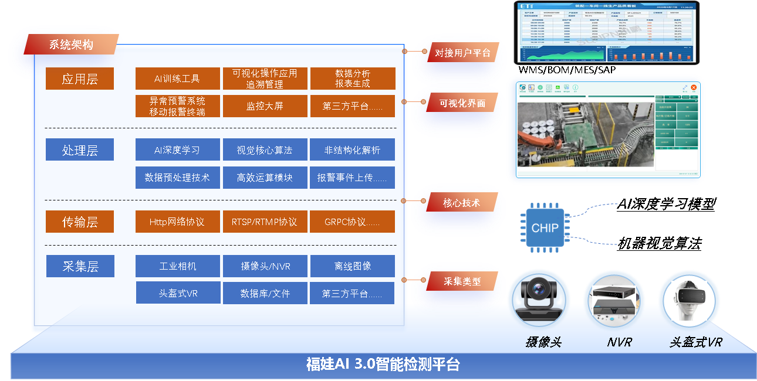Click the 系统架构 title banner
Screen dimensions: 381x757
[71, 45]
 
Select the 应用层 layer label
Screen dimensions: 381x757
[80, 79]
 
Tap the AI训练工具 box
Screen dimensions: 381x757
[177, 79]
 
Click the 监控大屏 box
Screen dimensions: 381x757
[265, 107]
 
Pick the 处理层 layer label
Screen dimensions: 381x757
[80, 150]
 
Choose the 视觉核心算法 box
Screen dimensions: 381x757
[265, 150]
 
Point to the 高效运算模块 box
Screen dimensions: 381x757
[265, 178]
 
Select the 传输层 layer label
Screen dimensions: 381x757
[80, 222]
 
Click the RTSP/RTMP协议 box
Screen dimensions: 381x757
[265, 222]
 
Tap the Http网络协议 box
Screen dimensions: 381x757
[177, 222]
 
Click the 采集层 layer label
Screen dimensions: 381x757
[80, 266]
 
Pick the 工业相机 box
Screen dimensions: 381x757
[177, 266]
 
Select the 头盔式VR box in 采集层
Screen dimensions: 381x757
[178, 293]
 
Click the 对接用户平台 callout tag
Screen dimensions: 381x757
[462, 52]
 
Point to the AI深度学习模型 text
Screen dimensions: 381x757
[666, 204]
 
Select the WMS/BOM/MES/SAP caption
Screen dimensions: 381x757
[567, 70]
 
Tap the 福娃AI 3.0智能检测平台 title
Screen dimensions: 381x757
[383, 365]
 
